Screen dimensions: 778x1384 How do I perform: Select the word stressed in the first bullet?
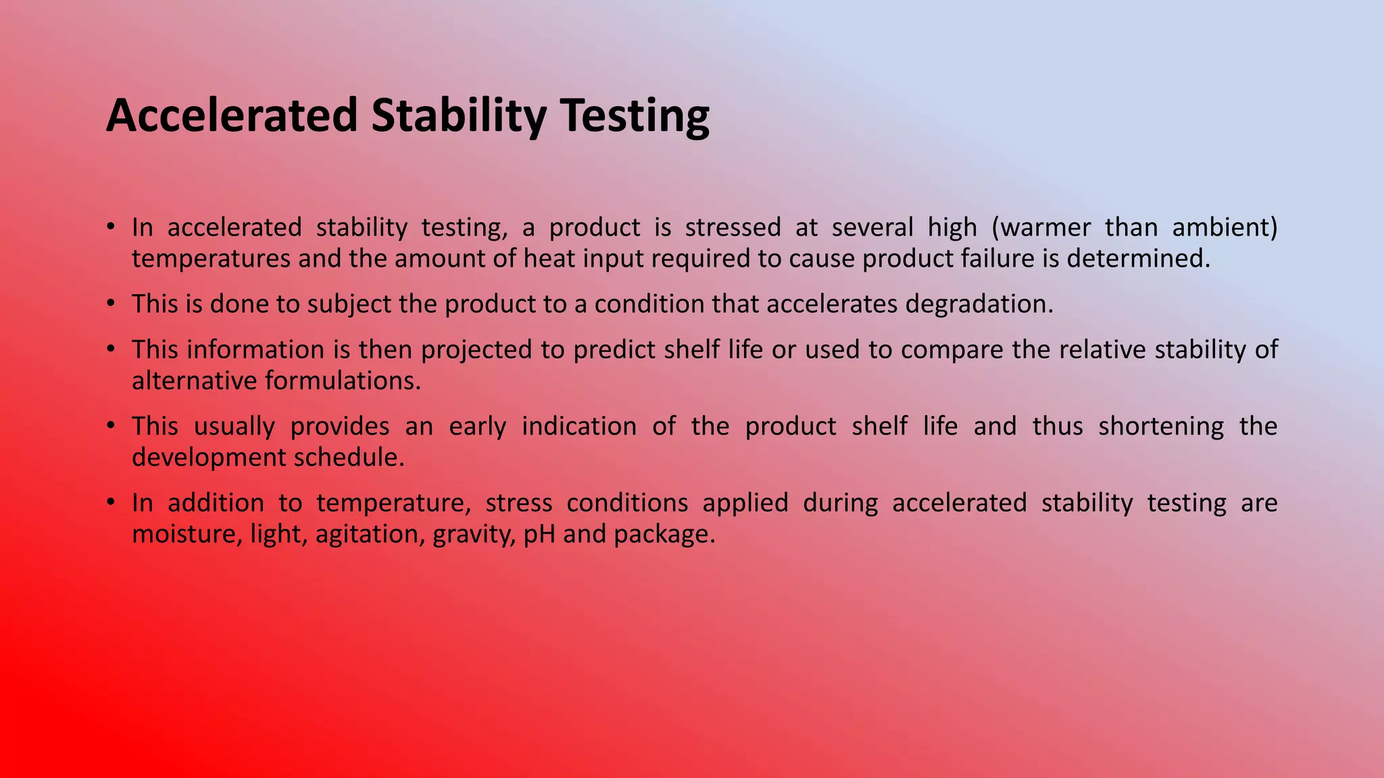tap(733, 228)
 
